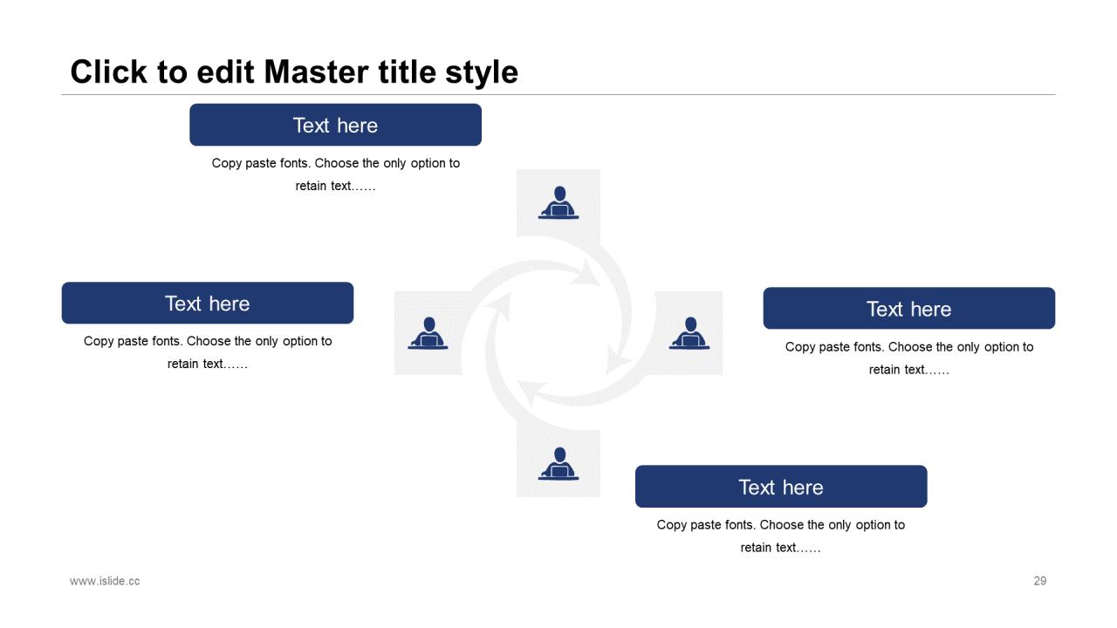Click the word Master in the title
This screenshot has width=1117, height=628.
coord(317,72)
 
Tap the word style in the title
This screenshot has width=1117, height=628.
coord(482,72)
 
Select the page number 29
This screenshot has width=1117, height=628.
coord(1039,581)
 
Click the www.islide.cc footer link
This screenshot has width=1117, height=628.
coord(105,581)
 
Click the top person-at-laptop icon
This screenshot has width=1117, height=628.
coord(558,202)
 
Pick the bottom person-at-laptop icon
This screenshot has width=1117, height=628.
coord(558,463)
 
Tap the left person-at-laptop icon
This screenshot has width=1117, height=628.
coord(428,333)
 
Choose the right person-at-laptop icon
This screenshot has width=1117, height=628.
coord(689,333)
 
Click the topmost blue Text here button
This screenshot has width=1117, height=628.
coord(336,125)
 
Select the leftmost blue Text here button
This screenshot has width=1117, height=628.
coord(208,303)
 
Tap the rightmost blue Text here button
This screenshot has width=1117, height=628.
coord(909,308)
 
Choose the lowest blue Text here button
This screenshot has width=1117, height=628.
coord(781,487)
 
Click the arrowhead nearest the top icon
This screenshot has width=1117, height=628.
coord(587,273)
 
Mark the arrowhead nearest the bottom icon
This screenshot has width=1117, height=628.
coord(531,392)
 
